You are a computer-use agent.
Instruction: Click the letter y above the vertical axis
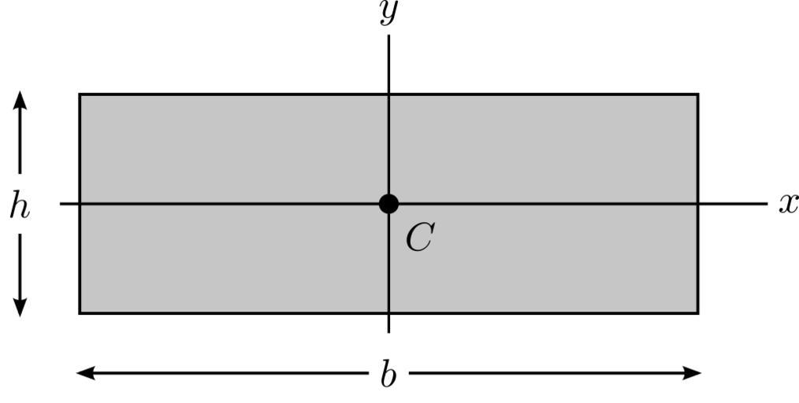pyautogui.click(x=387, y=13)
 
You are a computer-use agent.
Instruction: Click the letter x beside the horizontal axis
pyautogui.click(x=788, y=204)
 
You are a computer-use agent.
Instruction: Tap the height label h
pyautogui.click(x=20, y=207)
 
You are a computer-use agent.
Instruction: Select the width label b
pyautogui.click(x=388, y=375)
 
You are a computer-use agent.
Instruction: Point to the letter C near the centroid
pyautogui.click(x=419, y=238)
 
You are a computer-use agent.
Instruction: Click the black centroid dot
pyautogui.click(x=388, y=204)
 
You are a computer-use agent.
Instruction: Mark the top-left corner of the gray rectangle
pyautogui.click(x=80, y=94)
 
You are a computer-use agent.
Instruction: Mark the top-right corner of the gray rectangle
pyautogui.click(x=697, y=94)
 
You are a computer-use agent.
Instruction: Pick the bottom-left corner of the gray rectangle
pyautogui.click(x=80, y=313)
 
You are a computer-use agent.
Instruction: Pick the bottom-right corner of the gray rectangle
pyautogui.click(x=697, y=313)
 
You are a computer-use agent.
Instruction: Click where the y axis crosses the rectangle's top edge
pyautogui.click(x=388, y=94)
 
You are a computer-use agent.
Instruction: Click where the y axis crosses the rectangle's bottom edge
pyautogui.click(x=388, y=313)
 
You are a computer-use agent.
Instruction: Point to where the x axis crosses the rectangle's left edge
pyautogui.click(x=80, y=204)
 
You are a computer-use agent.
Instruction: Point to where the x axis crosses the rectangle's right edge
pyautogui.click(x=697, y=204)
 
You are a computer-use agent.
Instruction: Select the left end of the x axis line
pyautogui.click(x=61, y=204)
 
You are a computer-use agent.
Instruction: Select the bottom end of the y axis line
pyautogui.click(x=388, y=332)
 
